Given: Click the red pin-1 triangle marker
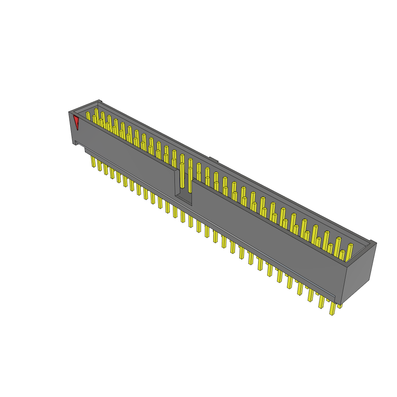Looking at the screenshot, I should (x=76, y=123).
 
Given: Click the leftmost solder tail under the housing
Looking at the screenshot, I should (x=93, y=162).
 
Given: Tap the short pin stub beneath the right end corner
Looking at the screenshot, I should (x=340, y=306).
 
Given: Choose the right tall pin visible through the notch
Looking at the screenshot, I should (x=190, y=180).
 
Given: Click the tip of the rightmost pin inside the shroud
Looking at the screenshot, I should (x=350, y=245).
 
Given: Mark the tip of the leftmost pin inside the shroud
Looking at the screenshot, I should (x=88, y=113).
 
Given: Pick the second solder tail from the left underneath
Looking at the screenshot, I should (x=100, y=166).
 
